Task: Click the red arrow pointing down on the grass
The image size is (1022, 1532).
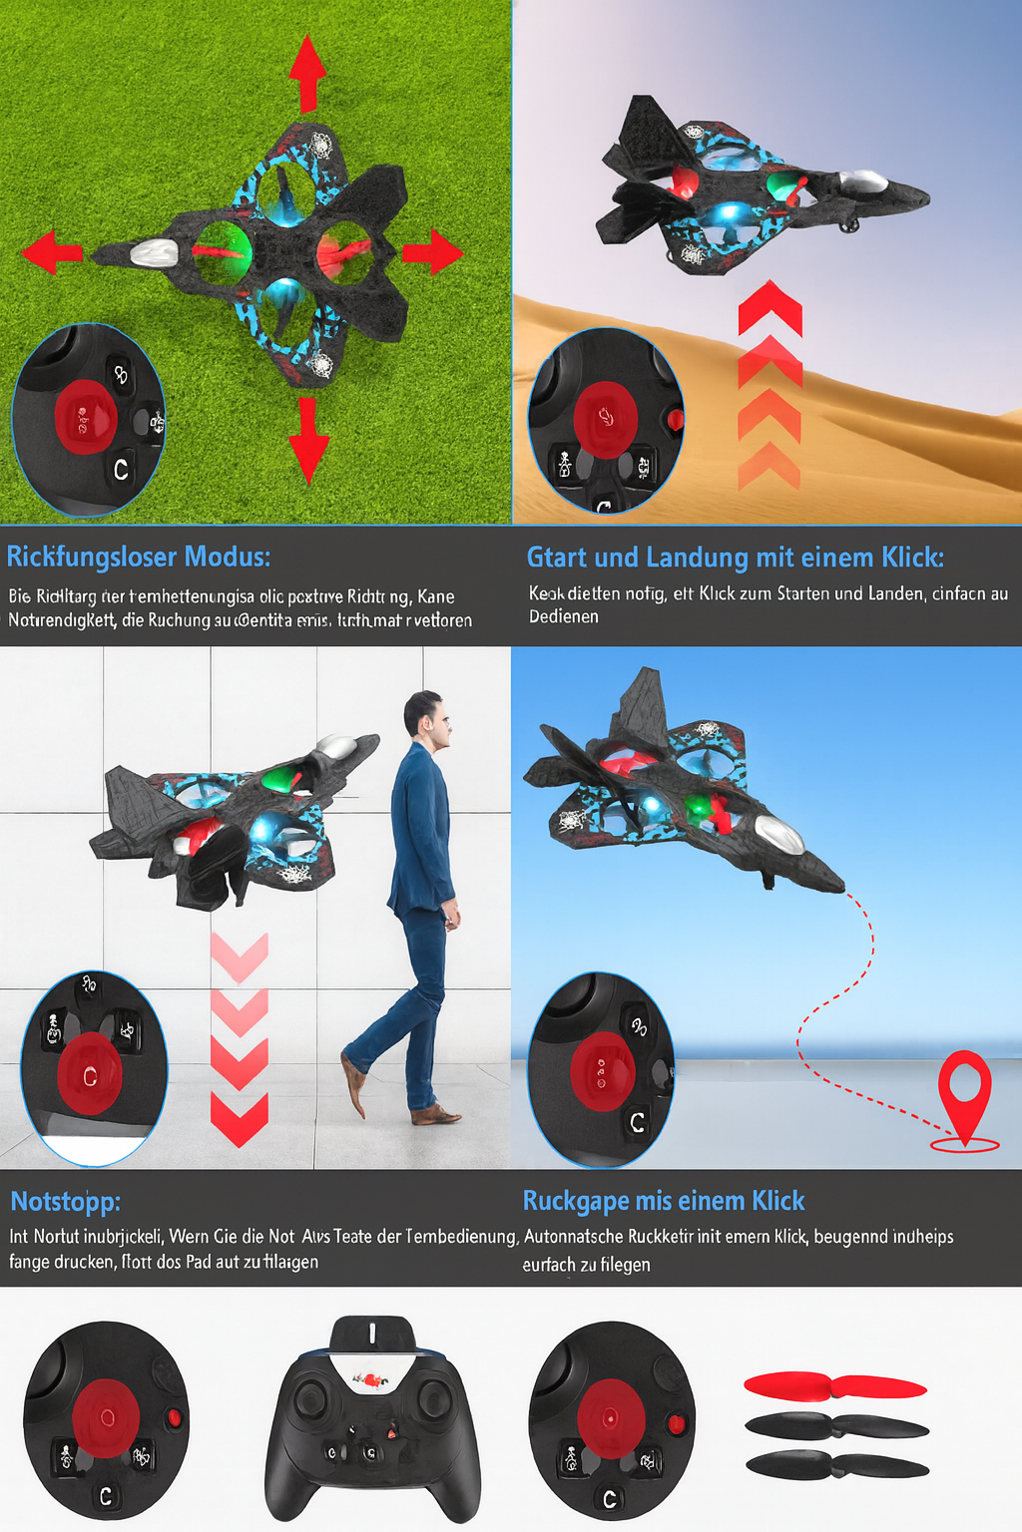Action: [307, 440]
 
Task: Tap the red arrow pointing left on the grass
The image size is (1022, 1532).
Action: [52, 252]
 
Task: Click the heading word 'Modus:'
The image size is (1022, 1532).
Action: [227, 557]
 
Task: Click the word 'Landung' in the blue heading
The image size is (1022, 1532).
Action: [696, 557]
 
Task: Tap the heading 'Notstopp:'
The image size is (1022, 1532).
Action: [65, 1201]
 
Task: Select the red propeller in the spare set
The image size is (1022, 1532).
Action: [835, 1385]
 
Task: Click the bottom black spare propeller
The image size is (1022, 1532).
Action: [836, 1465]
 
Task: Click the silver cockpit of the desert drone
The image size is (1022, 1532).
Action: [863, 182]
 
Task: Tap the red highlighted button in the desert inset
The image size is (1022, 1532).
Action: [605, 417]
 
